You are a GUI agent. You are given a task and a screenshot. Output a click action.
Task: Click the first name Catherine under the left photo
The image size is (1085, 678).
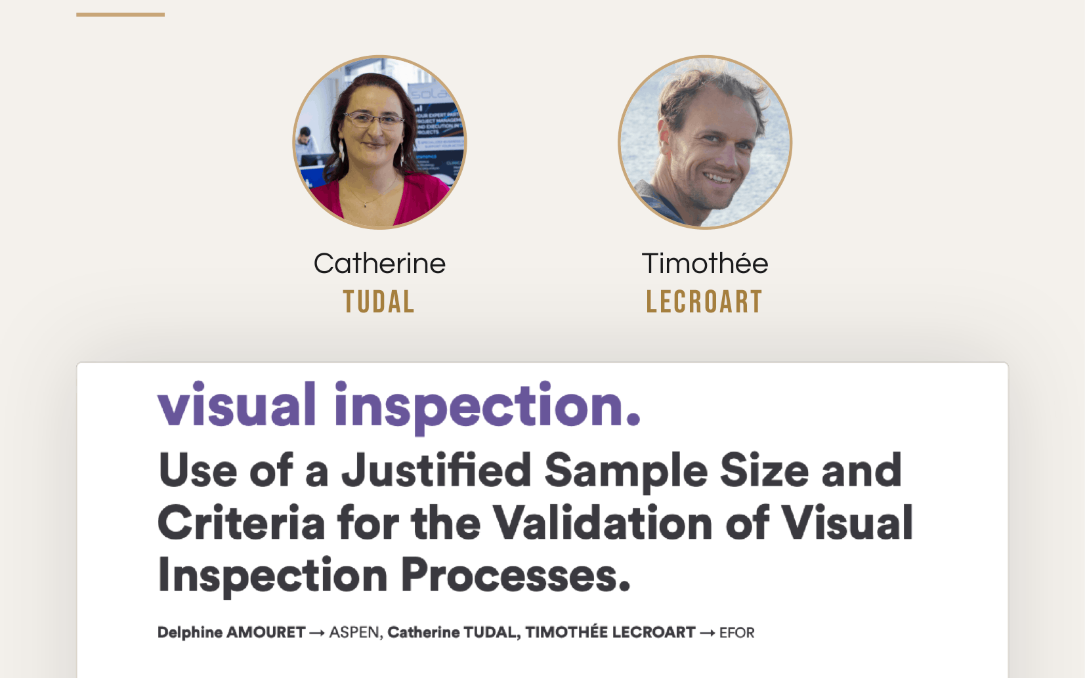(x=379, y=263)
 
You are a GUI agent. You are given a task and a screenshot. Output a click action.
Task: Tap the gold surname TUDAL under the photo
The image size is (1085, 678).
(x=379, y=302)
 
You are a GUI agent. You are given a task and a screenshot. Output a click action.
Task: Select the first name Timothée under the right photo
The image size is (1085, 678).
(x=705, y=263)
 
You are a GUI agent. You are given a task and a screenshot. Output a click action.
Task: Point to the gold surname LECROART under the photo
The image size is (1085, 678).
(x=704, y=302)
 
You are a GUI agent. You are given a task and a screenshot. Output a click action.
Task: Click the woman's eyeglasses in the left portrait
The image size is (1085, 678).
(x=373, y=119)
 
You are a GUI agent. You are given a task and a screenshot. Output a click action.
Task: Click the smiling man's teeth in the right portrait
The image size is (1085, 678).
(x=718, y=179)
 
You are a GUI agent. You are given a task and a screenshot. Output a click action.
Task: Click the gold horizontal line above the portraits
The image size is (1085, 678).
(x=120, y=14)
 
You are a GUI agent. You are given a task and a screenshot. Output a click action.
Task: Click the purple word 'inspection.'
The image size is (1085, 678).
(x=488, y=408)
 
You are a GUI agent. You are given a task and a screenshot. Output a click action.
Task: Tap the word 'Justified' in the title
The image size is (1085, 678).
(x=436, y=470)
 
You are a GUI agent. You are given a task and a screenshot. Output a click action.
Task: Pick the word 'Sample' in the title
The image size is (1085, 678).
(x=626, y=472)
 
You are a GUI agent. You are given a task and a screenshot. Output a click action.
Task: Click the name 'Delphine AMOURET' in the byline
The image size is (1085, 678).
(x=232, y=633)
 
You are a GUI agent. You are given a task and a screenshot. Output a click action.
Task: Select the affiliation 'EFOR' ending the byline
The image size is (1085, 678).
(x=736, y=633)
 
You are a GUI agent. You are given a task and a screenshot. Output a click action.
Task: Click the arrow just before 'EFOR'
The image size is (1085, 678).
(x=707, y=633)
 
